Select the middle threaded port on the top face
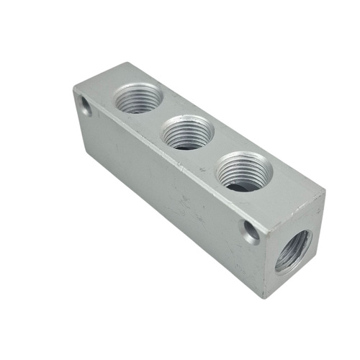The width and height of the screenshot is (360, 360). pyautogui.click(x=185, y=132)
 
